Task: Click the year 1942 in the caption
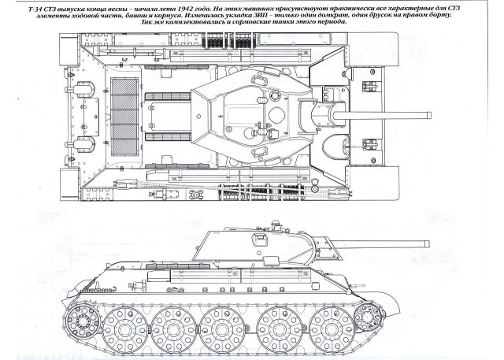[180, 7]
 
